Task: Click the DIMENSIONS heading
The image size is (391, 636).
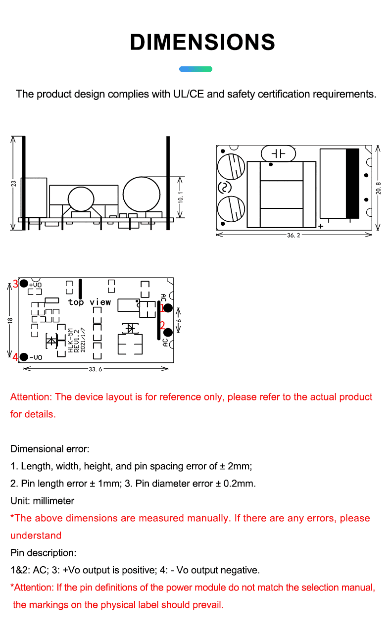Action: pyautogui.click(x=202, y=43)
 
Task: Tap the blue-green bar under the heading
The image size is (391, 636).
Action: pyautogui.click(x=195, y=69)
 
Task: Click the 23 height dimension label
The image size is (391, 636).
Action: pyautogui.click(x=14, y=184)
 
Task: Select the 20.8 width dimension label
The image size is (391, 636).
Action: pyautogui.click(x=378, y=188)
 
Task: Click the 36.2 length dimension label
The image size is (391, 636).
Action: pyautogui.click(x=293, y=236)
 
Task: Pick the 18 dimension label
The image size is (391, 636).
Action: pyautogui.click(x=10, y=320)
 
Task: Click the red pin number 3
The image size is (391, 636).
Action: pyautogui.click(x=15, y=284)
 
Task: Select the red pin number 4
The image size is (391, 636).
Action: pyautogui.click(x=15, y=357)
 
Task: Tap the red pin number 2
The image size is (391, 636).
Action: pyautogui.click(x=162, y=325)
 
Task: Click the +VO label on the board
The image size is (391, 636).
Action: pyautogui.click(x=36, y=285)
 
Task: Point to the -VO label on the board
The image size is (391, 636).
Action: pyautogui.click(x=36, y=357)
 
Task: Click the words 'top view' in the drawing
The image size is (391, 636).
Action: pyautogui.click(x=90, y=302)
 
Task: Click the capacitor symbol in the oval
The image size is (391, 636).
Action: pyautogui.click(x=278, y=154)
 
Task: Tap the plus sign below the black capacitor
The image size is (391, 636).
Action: pyautogui.click(x=321, y=226)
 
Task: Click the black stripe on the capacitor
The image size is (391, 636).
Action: pyautogui.click(x=352, y=183)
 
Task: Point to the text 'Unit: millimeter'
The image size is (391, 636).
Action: pyautogui.click(x=42, y=501)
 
